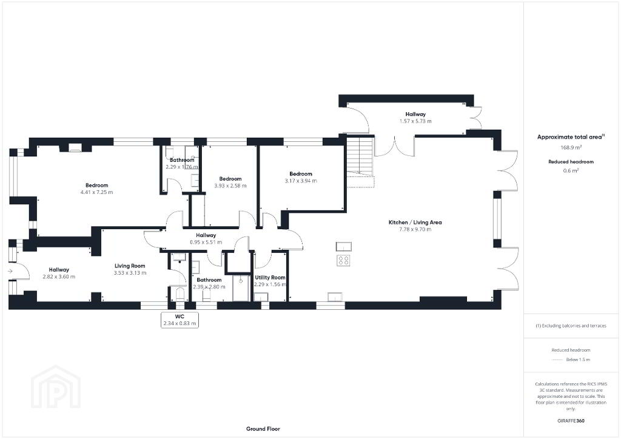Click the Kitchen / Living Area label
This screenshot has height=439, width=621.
point(415,223)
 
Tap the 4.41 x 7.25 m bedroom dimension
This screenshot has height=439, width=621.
point(96,192)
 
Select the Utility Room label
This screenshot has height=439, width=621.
point(270,278)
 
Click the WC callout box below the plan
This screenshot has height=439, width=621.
point(180,320)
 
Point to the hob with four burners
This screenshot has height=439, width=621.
point(343,261)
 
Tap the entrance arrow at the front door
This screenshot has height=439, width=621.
point(10,271)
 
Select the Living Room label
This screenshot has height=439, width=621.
point(130,266)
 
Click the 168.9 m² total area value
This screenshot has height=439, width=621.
point(571,147)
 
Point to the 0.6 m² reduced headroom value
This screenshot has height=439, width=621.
point(571,170)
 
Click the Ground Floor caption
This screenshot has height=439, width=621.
point(263,429)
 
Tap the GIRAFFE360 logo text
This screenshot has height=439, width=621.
point(571,421)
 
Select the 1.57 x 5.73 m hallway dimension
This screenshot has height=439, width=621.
point(415,121)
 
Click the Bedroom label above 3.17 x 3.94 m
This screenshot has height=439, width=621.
point(301,174)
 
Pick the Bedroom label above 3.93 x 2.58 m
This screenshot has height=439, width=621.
point(230,179)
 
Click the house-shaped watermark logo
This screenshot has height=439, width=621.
point(56,388)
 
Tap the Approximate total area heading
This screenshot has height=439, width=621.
point(571,137)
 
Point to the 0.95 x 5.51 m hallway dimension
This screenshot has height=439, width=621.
point(206,243)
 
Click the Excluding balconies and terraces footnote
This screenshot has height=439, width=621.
point(571,326)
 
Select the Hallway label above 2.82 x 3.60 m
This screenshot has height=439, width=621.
point(59,270)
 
